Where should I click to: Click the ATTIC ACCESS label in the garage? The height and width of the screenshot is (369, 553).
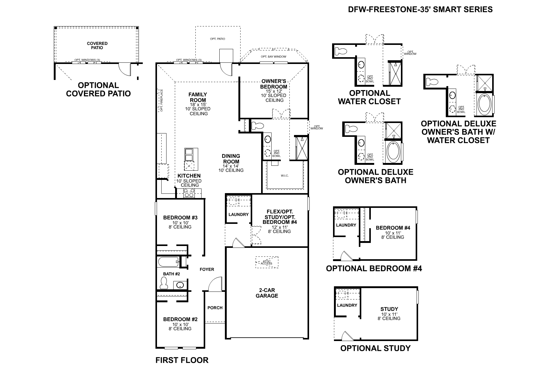click(266, 262)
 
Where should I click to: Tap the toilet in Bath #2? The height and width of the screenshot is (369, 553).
click(164, 283)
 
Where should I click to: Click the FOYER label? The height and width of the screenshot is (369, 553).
click(207, 269)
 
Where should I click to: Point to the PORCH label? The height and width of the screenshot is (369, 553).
click(215, 307)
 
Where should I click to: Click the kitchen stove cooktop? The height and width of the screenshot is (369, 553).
click(189, 193)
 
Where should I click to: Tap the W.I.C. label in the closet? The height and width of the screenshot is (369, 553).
click(284, 176)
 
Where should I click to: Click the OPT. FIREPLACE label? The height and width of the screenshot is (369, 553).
click(161, 100)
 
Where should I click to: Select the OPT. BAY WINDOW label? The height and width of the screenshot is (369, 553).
click(273, 57)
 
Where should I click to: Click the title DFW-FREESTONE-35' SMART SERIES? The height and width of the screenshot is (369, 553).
click(420, 10)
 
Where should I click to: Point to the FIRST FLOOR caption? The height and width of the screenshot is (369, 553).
click(182, 360)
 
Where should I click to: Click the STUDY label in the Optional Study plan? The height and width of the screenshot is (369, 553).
click(389, 309)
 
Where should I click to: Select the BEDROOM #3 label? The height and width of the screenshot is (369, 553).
click(180, 218)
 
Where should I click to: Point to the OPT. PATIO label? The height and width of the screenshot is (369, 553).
click(217, 39)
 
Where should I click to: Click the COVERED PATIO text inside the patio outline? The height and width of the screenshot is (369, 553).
click(97, 46)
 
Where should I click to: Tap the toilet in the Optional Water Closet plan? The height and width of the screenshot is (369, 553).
click(341, 50)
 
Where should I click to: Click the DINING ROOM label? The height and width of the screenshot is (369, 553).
click(231, 159)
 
